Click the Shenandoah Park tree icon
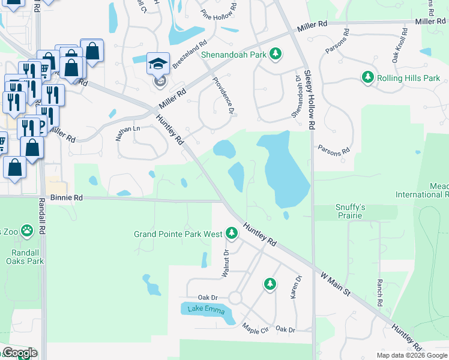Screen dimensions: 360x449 coord(276,55)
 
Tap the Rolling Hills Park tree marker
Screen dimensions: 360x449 coord(368,77)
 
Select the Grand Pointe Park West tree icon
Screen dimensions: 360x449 coord(232,233)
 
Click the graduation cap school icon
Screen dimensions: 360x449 coord(157,64)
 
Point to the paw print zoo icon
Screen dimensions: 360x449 coord(26,230)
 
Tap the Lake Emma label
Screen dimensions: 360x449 coord(205,310)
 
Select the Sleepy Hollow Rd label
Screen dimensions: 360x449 coord(309,100)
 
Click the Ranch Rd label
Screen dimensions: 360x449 coord(379,293)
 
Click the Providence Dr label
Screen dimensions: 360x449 coord(222,95)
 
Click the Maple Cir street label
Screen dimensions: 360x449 coord(255,329)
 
